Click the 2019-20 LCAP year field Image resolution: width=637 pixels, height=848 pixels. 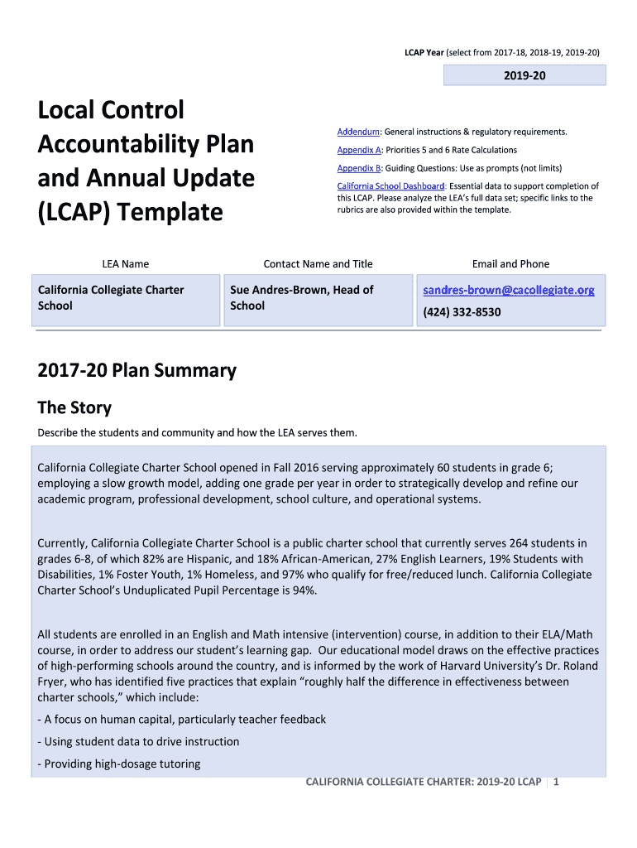pyautogui.click(x=524, y=75)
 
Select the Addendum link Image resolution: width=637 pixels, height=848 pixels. pyautogui.click(x=358, y=132)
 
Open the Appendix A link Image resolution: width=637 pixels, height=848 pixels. pyautogui.click(x=359, y=150)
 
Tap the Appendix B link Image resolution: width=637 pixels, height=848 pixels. pyautogui.click(x=359, y=168)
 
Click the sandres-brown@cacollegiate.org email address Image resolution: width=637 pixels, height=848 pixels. pyautogui.click(x=509, y=290)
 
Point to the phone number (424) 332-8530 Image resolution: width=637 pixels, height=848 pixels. pyautogui.click(x=462, y=312)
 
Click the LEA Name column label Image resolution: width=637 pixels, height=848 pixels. pyautogui.click(x=126, y=264)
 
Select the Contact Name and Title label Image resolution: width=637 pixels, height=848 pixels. pyautogui.click(x=318, y=264)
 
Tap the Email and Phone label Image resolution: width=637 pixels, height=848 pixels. pyautogui.click(x=510, y=264)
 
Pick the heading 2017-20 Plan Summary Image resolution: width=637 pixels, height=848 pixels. pyautogui.click(x=136, y=370)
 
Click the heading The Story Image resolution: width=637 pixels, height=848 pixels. pyautogui.click(x=74, y=407)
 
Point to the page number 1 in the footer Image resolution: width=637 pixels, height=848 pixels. pyautogui.click(x=557, y=782)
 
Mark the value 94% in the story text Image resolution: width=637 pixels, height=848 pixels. pyautogui.click(x=303, y=590)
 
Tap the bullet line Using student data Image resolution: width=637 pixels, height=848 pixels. pyautogui.click(x=141, y=741)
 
